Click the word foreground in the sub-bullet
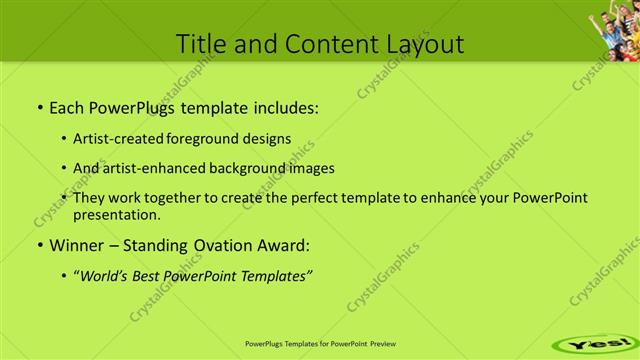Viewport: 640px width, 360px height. (218, 138)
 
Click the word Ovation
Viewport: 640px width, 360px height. (227, 244)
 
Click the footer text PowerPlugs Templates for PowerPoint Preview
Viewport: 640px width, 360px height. (320, 340)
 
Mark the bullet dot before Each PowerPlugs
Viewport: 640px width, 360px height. (39, 106)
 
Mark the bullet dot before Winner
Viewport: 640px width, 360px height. (39, 245)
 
